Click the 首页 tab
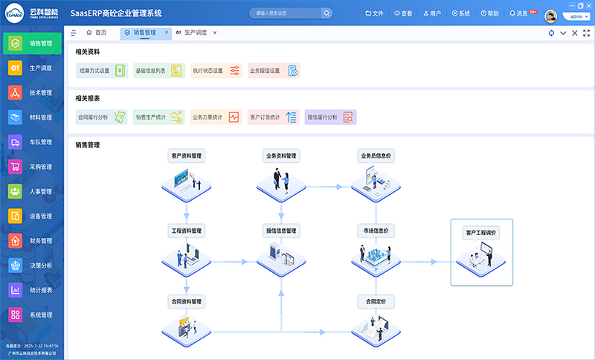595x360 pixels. [96, 33]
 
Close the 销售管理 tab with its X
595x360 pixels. [167, 33]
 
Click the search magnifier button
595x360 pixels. [327, 13]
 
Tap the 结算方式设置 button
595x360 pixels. [100, 71]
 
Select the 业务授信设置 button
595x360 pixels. [273, 71]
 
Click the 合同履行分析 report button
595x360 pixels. [100, 117]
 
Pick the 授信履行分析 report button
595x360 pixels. [330, 117]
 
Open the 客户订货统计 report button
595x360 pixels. [273, 117]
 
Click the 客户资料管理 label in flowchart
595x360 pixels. [187, 156]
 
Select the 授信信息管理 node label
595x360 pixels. [281, 231]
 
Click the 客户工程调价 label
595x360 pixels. [481, 233]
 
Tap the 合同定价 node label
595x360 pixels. [376, 302]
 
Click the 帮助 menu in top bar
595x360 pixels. [489, 13]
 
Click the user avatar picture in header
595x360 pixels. [551, 16]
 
